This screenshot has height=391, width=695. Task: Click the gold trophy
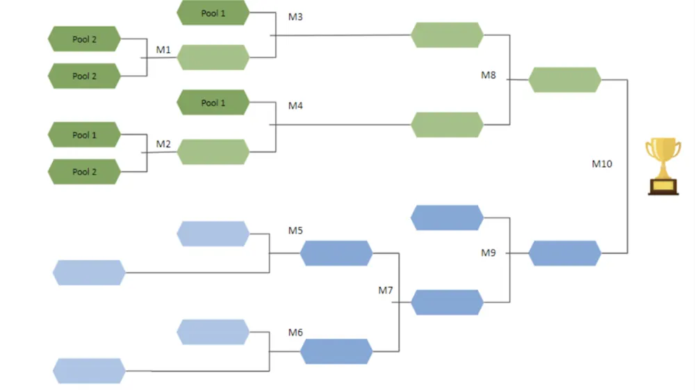pos(663,166)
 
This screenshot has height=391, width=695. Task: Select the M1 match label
pos(163,50)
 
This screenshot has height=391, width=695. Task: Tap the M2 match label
pos(163,144)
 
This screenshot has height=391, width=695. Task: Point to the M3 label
pos(295,17)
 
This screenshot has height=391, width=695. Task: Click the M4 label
pos(295,106)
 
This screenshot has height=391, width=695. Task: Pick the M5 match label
pos(295,230)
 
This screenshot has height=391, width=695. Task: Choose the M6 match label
pos(295,333)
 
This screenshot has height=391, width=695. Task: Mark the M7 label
pos(386,290)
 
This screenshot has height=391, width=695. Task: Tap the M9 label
pos(489,253)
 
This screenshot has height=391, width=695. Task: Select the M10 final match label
pos(602,164)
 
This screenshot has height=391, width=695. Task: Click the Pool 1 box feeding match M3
pos(213,13)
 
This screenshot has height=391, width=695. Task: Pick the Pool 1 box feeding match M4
pos(213,103)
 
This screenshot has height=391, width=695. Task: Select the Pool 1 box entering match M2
pos(84,135)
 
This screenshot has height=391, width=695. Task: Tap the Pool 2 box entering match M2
pos(84,171)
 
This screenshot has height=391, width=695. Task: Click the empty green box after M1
pos(213,58)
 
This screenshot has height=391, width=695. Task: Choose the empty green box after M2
pos(213,152)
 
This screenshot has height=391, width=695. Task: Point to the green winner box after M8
pos(564,80)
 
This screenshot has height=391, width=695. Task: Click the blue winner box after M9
pos(564,253)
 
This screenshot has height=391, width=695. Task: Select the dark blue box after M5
pos(336,253)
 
